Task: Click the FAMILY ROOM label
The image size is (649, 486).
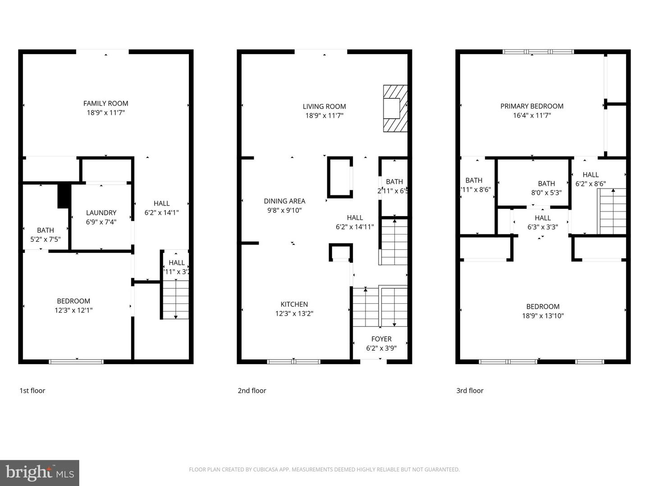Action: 105,103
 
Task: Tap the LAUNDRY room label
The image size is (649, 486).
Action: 101,213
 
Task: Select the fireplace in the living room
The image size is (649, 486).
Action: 395,108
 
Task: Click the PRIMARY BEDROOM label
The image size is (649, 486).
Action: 532,106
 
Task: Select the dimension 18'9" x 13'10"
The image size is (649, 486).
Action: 543,316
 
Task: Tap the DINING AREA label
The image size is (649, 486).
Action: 284,201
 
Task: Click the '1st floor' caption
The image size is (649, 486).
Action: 32,391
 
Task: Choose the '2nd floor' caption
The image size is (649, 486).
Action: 252,391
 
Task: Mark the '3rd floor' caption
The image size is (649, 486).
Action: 470,391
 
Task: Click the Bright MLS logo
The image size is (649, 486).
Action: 40,472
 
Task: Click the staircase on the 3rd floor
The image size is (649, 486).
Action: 612,211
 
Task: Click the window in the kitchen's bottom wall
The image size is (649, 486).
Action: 294,361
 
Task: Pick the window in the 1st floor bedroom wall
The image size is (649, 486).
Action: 76,361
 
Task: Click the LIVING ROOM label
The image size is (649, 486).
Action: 324,107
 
